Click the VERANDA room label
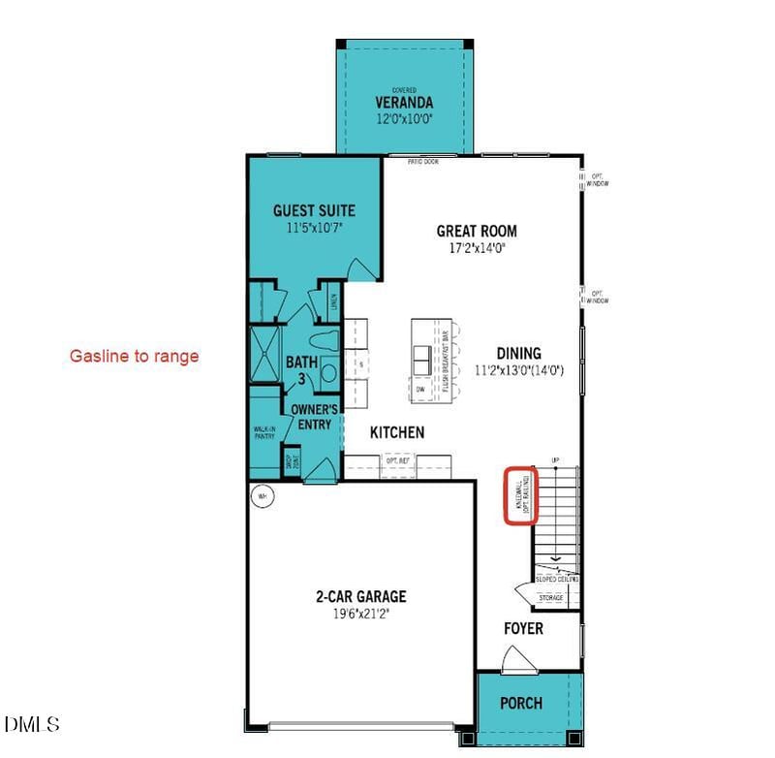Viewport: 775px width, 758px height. point(404,102)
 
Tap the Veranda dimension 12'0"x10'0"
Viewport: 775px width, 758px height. point(404,119)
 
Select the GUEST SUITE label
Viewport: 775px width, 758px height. point(314,210)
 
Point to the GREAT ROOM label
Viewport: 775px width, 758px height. point(477,231)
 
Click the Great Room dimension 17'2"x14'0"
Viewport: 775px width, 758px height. point(477,247)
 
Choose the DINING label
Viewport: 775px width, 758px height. point(519,354)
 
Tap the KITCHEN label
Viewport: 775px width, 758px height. point(396,433)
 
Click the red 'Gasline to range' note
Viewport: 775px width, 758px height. point(134,356)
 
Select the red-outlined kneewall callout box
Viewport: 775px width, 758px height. point(521,495)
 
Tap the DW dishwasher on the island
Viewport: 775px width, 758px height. point(420,389)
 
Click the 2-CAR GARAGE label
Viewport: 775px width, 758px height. point(359,597)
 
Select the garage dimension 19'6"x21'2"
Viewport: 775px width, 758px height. point(359,614)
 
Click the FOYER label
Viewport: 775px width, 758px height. point(523,629)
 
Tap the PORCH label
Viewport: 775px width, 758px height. point(520,703)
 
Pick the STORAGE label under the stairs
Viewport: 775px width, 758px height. point(551,598)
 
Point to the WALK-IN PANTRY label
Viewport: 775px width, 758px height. point(264,433)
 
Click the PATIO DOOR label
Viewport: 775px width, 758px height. point(422,162)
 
